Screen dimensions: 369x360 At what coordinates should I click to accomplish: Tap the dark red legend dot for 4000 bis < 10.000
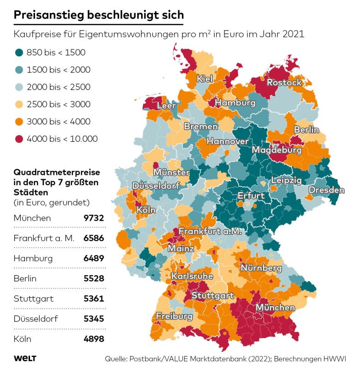click(x=18, y=139)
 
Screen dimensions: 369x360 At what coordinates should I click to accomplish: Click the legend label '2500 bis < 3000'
click(x=58, y=104)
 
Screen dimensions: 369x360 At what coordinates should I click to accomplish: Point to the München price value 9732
click(x=94, y=218)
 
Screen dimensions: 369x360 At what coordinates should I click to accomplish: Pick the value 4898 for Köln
click(x=94, y=339)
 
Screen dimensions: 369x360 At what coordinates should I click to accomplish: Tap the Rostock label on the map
click(x=284, y=83)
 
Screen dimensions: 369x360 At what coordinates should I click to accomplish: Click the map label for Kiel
click(x=204, y=79)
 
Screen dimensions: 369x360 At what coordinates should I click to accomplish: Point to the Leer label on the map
click(x=167, y=106)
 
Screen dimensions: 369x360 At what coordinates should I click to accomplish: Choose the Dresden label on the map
click(x=326, y=190)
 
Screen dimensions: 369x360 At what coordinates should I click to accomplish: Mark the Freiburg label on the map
click(x=174, y=317)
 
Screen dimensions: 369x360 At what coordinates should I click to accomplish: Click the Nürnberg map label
click(x=261, y=268)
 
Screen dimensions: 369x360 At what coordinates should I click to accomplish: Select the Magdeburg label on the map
click(x=276, y=150)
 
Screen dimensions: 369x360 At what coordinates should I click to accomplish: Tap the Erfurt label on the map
click(x=251, y=196)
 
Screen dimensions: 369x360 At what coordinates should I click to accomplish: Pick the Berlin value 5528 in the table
click(x=94, y=278)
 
